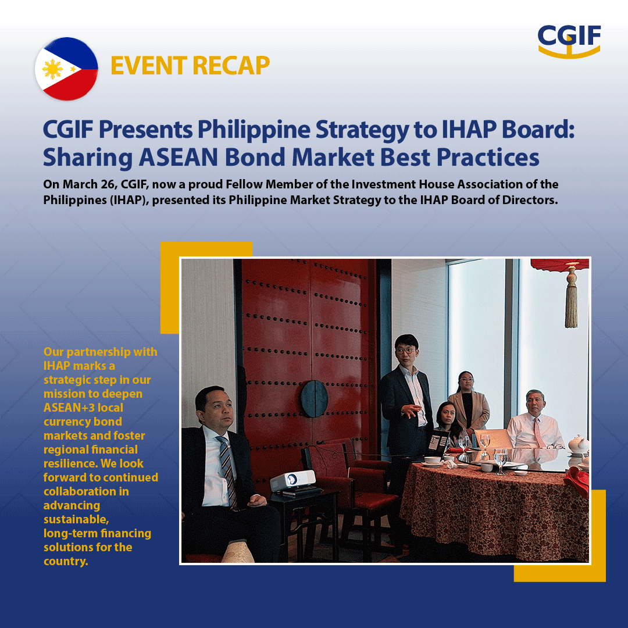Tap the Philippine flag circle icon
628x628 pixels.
pyautogui.click(x=66, y=69)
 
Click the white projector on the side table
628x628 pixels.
pyautogui.click(x=293, y=481)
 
